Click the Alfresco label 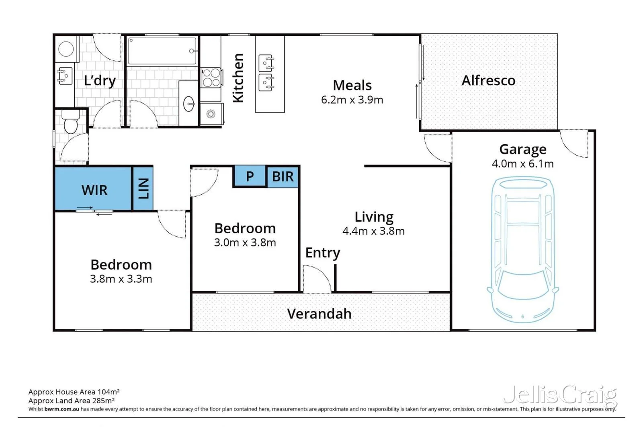488,80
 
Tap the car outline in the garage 522,249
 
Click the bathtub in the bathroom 162,51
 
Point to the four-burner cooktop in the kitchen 211,78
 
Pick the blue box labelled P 250,176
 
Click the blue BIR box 283,177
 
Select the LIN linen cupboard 143,188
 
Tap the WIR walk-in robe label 94,190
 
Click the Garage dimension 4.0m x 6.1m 522,164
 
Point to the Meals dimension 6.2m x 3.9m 352,100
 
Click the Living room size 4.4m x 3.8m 373,231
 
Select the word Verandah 319,314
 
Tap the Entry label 322,253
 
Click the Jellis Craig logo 560,395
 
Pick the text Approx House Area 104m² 74,392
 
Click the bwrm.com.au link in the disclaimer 61,409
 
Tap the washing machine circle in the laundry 66,49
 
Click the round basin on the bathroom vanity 188,105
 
